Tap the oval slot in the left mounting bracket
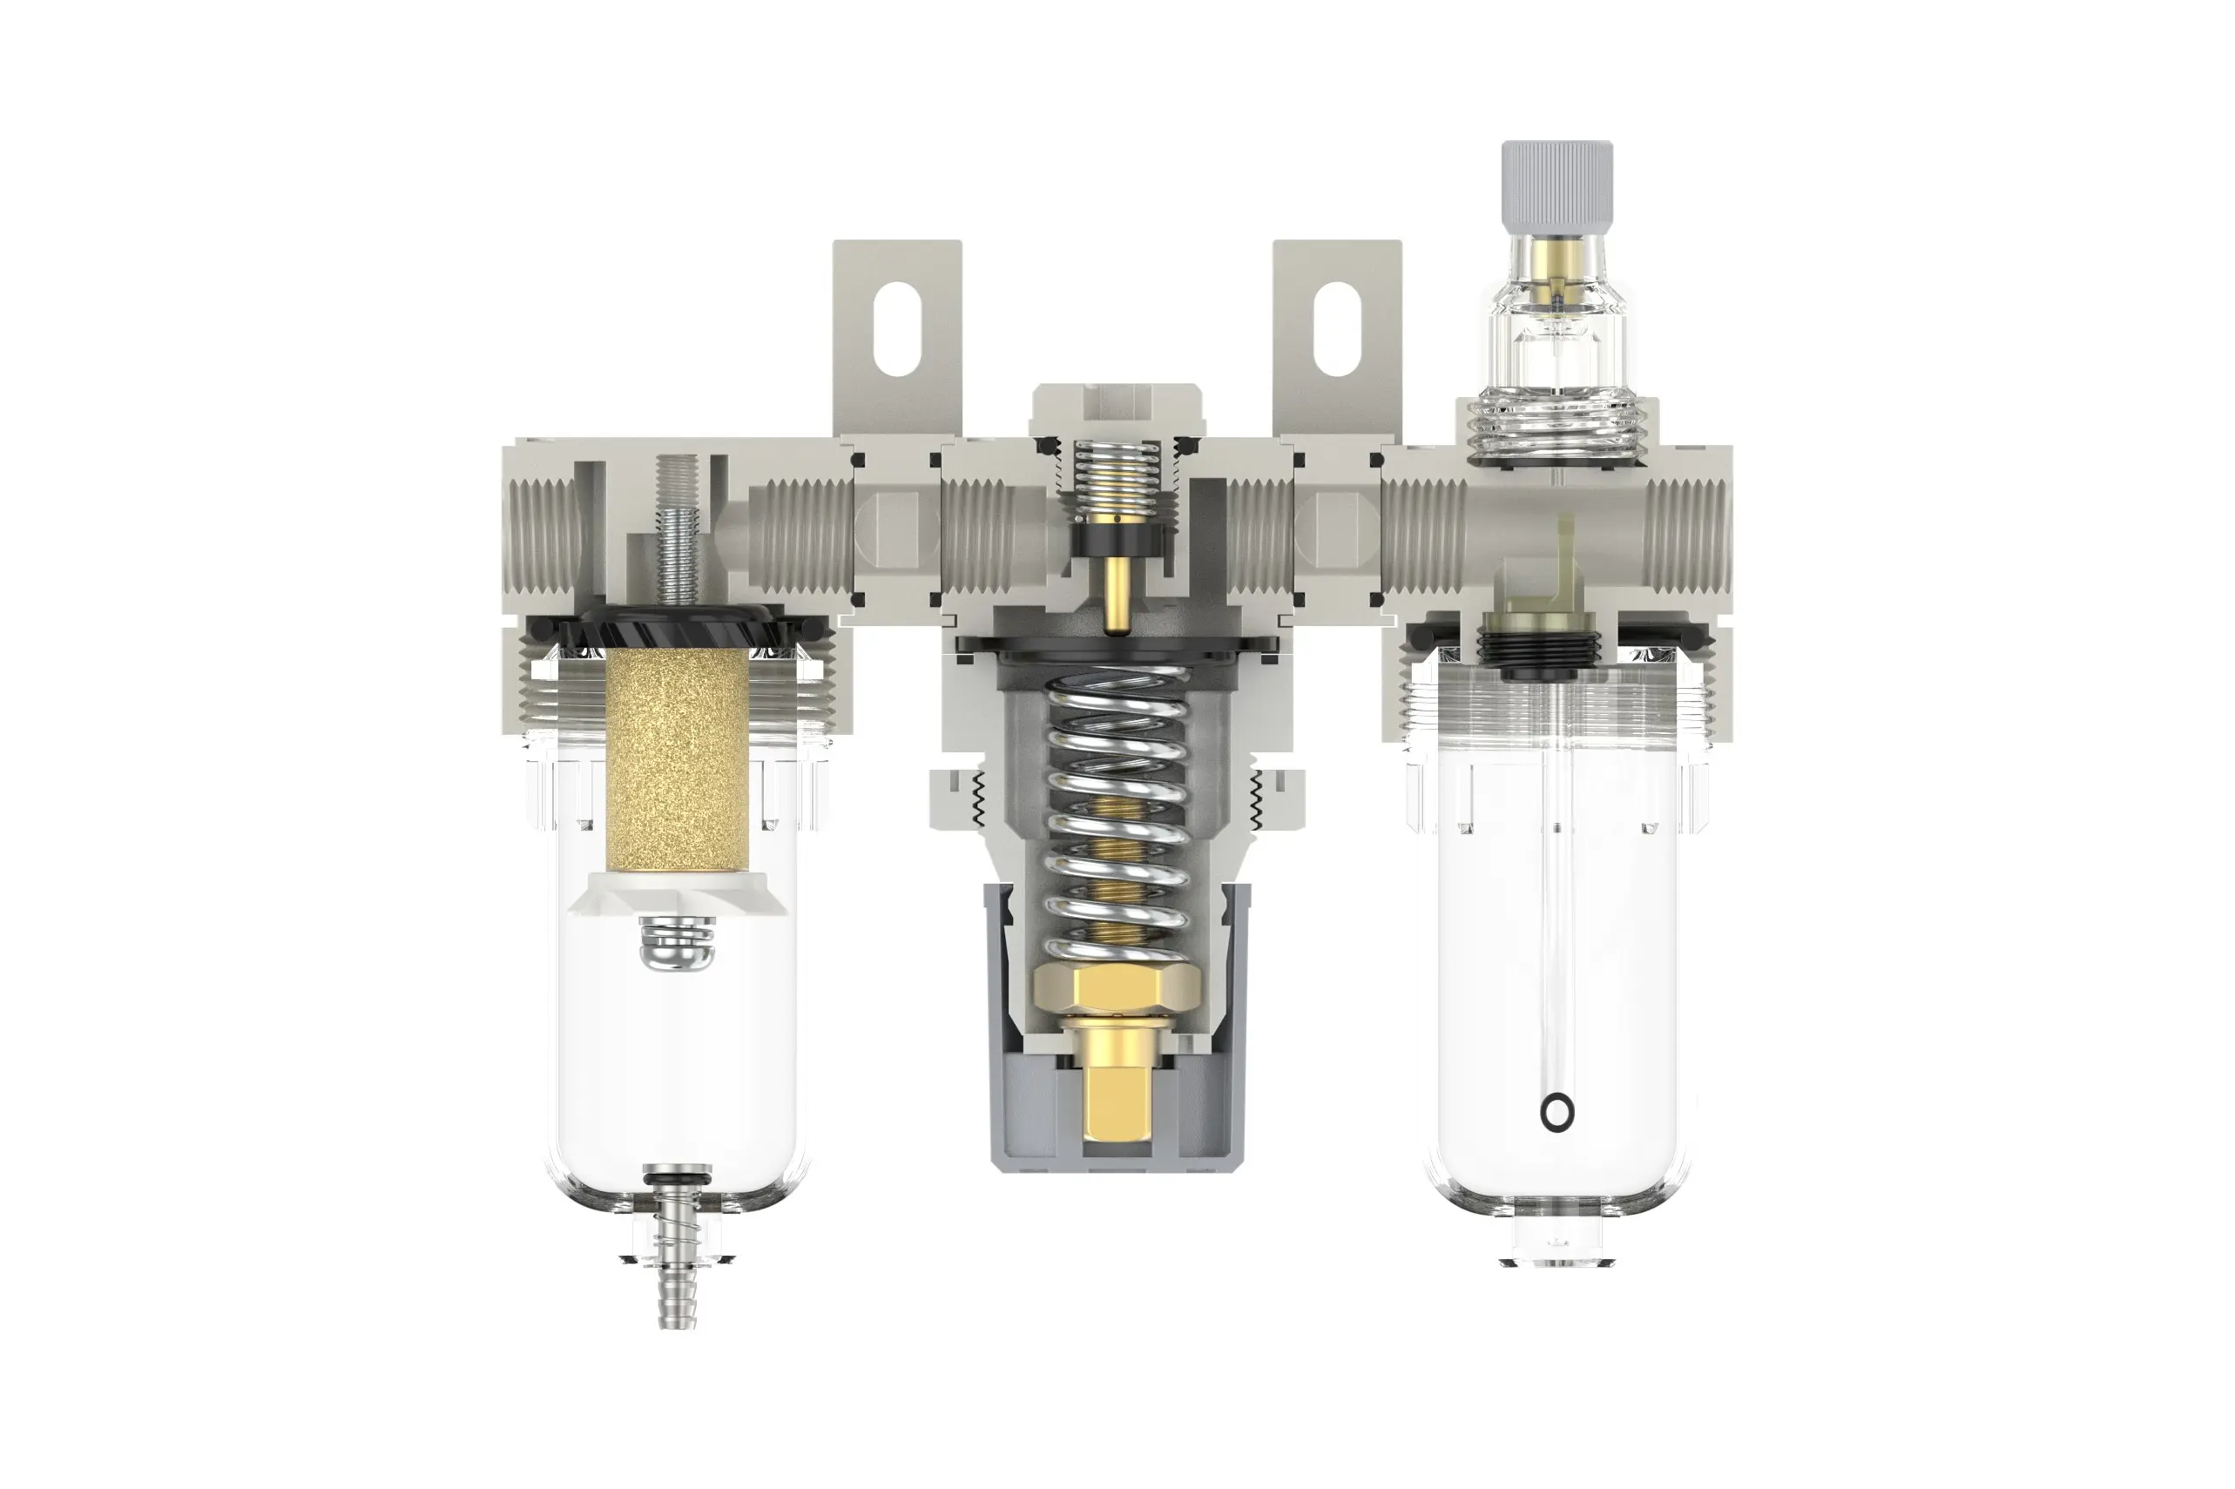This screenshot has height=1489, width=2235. pos(895,332)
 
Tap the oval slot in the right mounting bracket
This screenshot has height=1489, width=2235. pos(1335,332)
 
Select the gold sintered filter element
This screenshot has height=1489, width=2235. pos(676,759)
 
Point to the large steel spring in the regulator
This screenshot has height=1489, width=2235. pos(1117,807)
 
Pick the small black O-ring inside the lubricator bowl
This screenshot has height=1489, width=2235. pos(1556,1112)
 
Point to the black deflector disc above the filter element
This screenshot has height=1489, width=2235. pos(676,627)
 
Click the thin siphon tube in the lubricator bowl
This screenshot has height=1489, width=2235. pos(1556,902)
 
